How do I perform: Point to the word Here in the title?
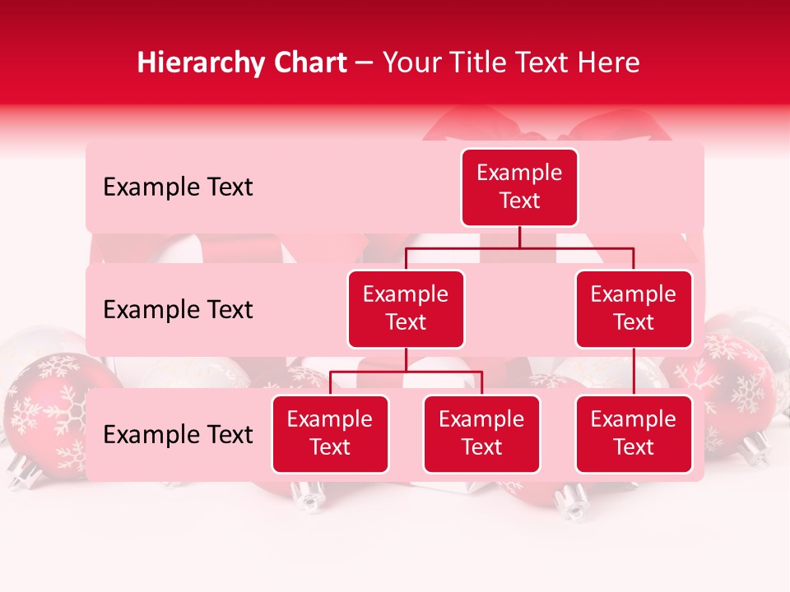608,62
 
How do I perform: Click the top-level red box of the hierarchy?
519,187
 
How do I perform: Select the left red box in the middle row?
406,308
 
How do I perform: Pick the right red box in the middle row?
634,308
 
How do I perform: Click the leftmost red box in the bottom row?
330,433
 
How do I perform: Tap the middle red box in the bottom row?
481,433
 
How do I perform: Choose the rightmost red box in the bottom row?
634,433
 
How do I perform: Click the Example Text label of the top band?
178,187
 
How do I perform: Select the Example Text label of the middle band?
178,310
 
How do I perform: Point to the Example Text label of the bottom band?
178,435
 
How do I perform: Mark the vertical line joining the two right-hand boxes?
634,372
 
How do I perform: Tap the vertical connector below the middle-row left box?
406,359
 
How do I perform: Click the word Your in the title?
411,62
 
